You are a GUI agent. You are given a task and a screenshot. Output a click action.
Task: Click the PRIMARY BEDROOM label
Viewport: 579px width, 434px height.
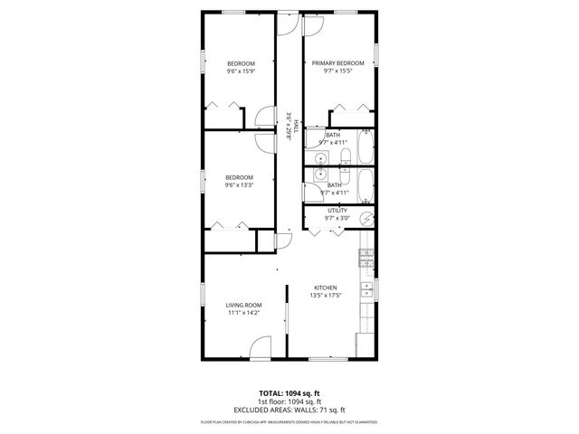[337, 63]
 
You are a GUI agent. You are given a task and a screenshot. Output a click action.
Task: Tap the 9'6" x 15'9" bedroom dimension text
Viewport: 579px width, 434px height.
[240, 71]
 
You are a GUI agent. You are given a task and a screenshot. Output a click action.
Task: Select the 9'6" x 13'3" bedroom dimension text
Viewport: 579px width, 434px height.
[239, 185]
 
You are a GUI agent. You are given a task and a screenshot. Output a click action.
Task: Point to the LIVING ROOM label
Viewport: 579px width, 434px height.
[243, 306]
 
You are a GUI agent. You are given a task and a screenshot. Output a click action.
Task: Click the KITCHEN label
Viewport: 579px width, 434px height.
[325, 287]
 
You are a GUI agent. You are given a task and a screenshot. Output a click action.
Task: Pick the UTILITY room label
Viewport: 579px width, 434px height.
[337, 211]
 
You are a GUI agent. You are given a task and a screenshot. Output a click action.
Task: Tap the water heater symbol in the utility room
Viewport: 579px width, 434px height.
[366, 217]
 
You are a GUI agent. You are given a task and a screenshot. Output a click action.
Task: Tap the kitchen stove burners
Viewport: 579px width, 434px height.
[366, 257]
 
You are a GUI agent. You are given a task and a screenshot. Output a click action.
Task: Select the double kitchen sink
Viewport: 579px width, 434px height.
[366, 290]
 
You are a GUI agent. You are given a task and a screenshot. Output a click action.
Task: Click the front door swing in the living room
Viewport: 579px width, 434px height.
[261, 348]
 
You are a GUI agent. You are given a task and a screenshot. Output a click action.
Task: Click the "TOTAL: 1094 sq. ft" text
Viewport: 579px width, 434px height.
[289, 394]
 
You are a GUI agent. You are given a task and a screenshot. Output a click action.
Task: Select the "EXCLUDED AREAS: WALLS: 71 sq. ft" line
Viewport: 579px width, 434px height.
[289, 409]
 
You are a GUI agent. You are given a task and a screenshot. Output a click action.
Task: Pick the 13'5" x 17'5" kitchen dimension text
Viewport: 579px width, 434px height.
[325, 295]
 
